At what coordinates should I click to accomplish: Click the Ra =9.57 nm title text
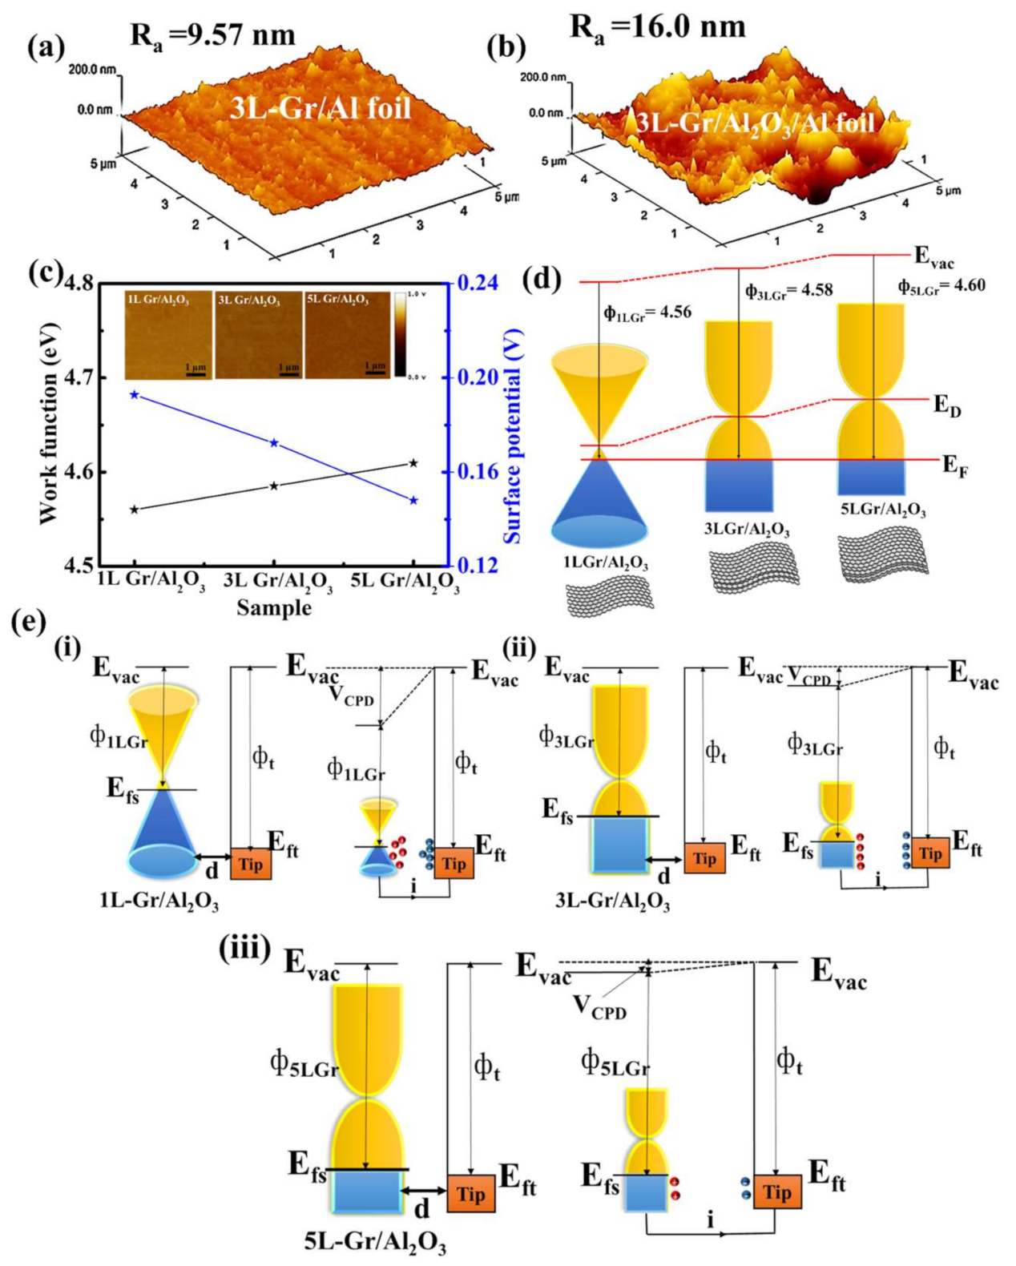[x=212, y=35]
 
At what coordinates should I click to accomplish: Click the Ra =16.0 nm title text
[x=657, y=27]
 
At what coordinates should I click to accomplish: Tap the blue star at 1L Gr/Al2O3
[x=135, y=394]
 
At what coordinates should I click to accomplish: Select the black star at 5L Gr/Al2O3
[x=413, y=462]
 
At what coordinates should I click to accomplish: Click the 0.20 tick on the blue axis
[x=478, y=377]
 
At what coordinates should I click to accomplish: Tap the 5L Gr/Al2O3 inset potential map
[x=349, y=335]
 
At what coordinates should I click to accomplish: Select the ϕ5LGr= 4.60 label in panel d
[x=941, y=286]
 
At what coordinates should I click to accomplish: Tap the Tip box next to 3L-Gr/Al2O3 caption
[x=704, y=858]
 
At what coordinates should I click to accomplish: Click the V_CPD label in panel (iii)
[x=599, y=1006]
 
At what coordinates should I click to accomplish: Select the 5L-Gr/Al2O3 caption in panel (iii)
[x=375, y=1241]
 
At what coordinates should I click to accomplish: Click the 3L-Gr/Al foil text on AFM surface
[x=321, y=107]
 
